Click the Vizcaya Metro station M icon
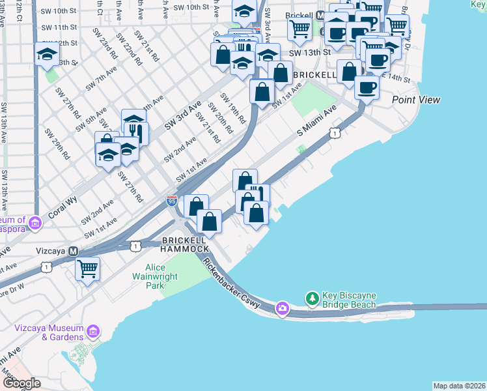[74, 251]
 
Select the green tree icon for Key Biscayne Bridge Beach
[313, 299]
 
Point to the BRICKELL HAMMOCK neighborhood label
[185, 244]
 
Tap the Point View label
[416, 100]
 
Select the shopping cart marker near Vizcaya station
[88, 267]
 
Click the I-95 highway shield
[172, 201]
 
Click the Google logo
[21, 383]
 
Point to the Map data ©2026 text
[459, 386]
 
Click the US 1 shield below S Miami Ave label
[333, 133]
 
